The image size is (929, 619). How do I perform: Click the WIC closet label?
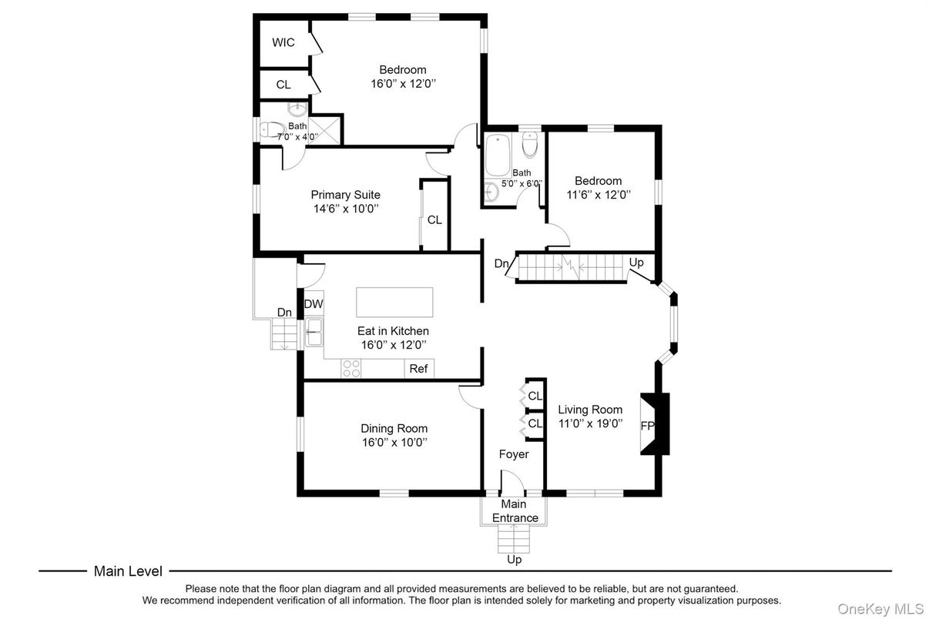point(283,42)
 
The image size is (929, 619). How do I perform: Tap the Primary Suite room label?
point(345,195)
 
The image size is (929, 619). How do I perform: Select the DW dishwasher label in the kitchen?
point(314,304)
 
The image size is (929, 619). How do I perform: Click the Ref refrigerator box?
point(418,369)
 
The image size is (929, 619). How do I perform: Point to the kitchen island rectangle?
point(394,302)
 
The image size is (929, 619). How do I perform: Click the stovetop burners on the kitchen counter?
point(351,369)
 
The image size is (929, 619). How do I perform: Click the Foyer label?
point(514,454)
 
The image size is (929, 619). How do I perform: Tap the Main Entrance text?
point(515,511)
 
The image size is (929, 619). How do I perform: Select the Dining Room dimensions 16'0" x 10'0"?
point(394,442)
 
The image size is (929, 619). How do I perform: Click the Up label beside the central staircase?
point(636,263)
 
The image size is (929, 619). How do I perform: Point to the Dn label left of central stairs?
point(501,263)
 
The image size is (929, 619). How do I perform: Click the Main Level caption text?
point(128,571)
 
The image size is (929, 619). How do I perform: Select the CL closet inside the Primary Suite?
point(434,219)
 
